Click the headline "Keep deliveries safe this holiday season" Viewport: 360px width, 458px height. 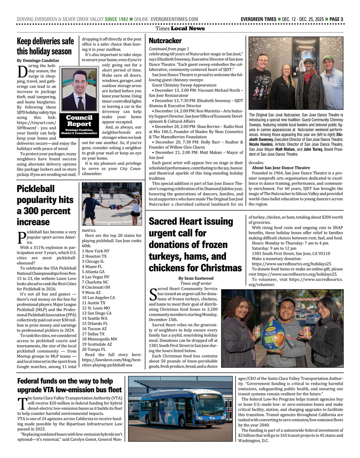[x=45, y=46]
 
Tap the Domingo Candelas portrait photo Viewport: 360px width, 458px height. [x=79, y=90]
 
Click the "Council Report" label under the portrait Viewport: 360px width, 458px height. [x=79, y=121]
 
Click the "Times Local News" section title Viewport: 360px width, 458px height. [x=180, y=28]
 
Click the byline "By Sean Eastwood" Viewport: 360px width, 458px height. [x=195, y=278]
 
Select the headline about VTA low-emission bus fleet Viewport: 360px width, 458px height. [x=69, y=385]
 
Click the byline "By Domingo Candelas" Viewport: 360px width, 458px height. [x=38, y=60]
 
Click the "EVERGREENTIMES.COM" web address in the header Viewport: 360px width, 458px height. [x=174, y=19]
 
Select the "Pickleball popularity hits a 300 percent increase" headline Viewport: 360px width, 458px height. [x=45, y=205]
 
